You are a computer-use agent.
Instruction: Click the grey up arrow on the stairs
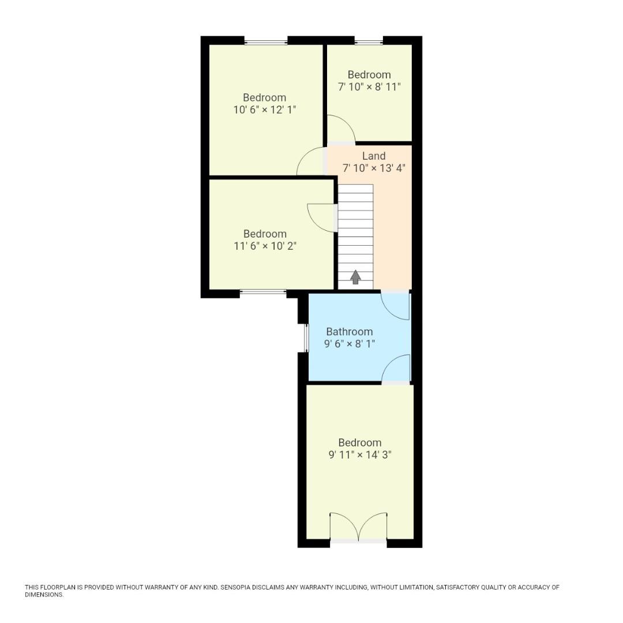(355, 277)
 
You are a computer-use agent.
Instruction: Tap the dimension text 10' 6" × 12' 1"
(264, 110)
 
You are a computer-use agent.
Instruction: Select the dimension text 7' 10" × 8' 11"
(369, 87)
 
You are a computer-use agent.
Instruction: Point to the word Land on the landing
(374, 156)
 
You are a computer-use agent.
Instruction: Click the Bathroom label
(350, 332)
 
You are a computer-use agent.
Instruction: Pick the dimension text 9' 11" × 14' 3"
(360, 455)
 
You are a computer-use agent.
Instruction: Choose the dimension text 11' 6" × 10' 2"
(265, 246)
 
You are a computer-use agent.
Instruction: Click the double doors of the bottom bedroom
(358, 527)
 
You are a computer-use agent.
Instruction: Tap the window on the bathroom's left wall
(306, 338)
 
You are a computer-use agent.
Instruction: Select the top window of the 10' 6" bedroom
(266, 42)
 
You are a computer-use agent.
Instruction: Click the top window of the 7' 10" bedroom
(369, 42)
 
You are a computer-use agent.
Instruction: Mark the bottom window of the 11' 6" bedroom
(263, 292)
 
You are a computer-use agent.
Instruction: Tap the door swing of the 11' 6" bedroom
(322, 218)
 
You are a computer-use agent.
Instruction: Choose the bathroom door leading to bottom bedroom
(396, 369)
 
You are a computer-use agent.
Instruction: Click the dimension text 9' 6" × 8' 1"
(350, 344)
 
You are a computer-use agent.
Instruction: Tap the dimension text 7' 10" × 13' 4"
(374, 168)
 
